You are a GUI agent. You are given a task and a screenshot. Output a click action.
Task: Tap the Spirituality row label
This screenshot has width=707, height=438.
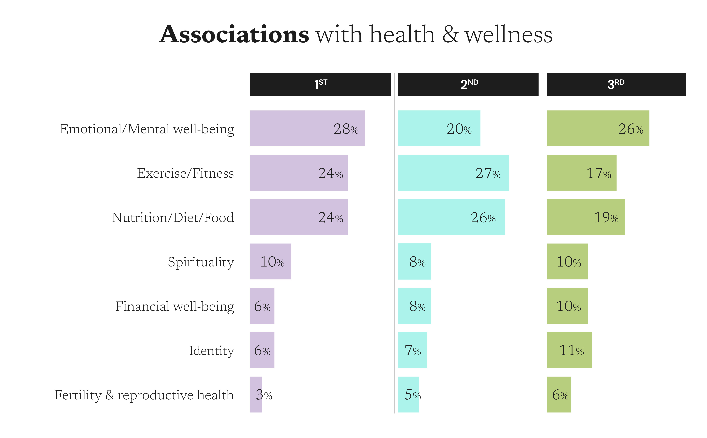(x=201, y=262)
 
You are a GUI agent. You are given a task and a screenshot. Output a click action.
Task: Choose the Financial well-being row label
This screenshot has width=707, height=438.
(x=175, y=306)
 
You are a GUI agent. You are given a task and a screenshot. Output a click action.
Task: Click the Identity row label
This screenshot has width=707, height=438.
(x=211, y=350)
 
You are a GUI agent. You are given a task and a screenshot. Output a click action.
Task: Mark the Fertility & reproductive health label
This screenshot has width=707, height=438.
(x=144, y=395)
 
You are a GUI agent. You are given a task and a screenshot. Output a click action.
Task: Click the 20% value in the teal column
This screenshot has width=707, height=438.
(x=459, y=129)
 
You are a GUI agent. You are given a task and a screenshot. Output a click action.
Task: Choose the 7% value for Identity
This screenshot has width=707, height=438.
(x=412, y=350)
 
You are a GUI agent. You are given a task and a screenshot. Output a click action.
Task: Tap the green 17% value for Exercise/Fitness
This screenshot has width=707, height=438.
(x=599, y=173)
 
